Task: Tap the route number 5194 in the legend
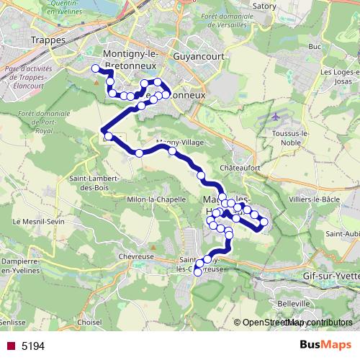(33, 346)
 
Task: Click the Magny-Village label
(180, 143)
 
